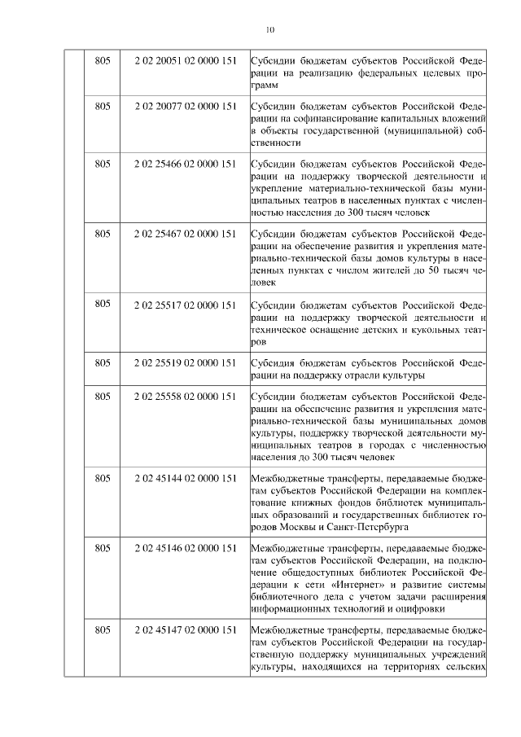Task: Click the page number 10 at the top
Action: click(270, 30)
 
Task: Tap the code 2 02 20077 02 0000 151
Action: click(186, 106)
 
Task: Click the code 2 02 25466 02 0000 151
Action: click(186, 164)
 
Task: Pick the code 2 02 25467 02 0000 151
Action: click(186, 234)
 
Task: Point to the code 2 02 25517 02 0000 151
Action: click(186, 305)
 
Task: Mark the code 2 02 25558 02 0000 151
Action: click(186, 397)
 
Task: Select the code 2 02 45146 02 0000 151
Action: click(186, 549)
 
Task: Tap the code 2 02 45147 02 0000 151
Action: click(186, 630)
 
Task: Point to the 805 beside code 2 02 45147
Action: click(103, 630)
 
